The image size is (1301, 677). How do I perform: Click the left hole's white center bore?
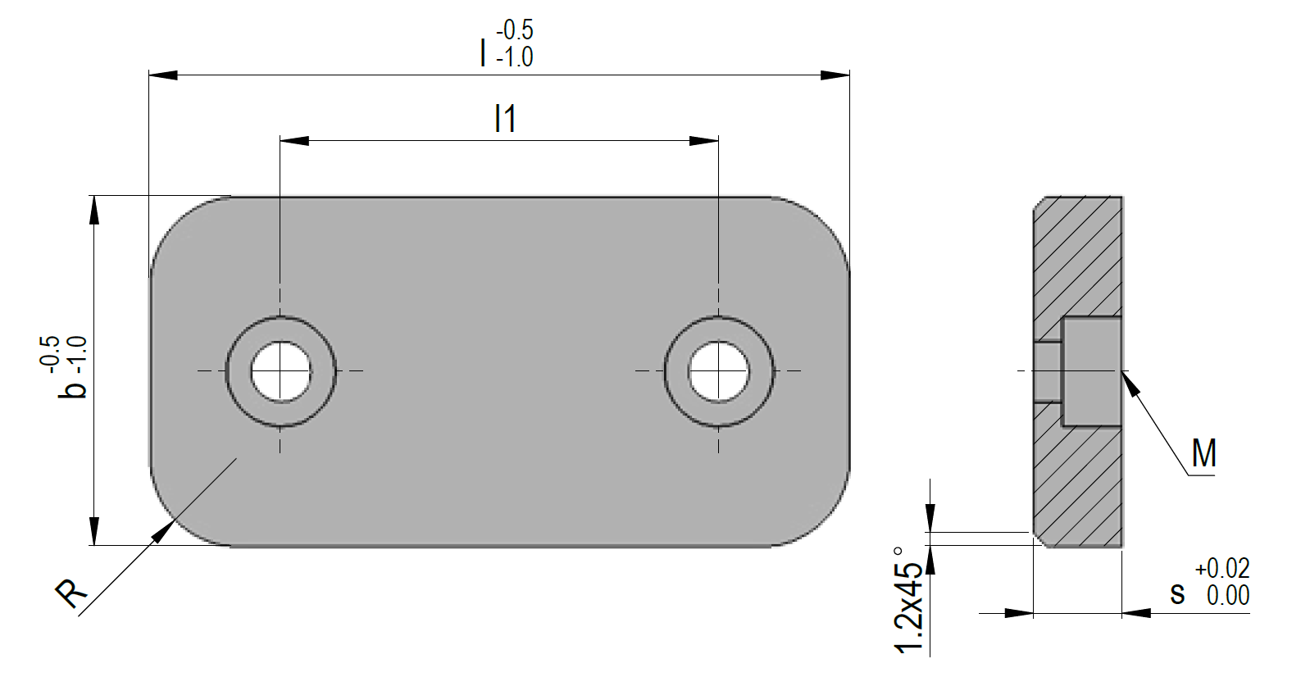pos(281,371)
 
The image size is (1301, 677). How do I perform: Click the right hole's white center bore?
pos(719,371)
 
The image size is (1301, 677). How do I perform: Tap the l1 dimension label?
pos(505,120)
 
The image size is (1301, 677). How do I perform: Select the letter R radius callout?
pos(71,593)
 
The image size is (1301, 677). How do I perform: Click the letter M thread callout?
pos(1203,453)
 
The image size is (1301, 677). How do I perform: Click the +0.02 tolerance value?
pos(1221,568)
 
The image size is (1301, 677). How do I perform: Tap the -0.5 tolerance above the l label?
pos(514,30)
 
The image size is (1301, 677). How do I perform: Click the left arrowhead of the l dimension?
pos(162,75)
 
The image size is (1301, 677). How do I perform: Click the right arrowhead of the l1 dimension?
pos(704,141)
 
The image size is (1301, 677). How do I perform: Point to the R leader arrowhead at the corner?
pos(163,531)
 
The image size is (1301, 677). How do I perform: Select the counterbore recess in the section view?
pos(1092,371)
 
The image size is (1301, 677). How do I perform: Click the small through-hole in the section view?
pos(1047,371)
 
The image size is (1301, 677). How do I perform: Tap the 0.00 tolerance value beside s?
pos(1227,595)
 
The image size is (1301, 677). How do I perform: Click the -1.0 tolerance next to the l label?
pos(514,57)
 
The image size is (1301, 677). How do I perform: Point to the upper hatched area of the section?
pos(1078,254)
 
